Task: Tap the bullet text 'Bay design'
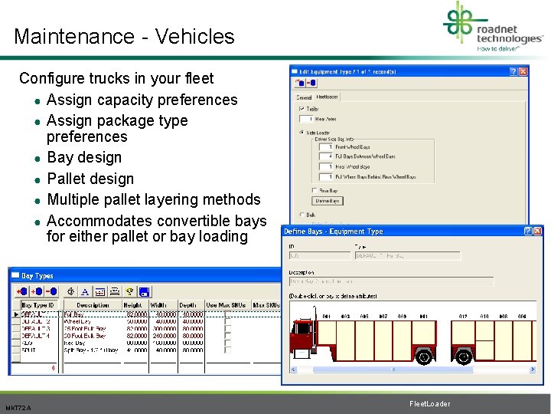coord(84,157)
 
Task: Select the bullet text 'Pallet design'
coord(90,179)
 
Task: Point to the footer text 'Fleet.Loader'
coord(430,404)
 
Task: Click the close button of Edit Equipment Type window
coord(523,71)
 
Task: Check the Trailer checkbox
coord(301,110)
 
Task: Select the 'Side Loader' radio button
coord(301,133)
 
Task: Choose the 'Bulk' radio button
coord(301,215)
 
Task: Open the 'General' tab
coord(304,97)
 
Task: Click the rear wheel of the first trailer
coord(423,357)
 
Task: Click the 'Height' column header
coord(133,305)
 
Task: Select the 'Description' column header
coord(93,305)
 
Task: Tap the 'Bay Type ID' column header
coord(37,305)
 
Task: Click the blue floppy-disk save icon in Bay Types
coord(144,291)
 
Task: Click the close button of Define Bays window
coord(538,231)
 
